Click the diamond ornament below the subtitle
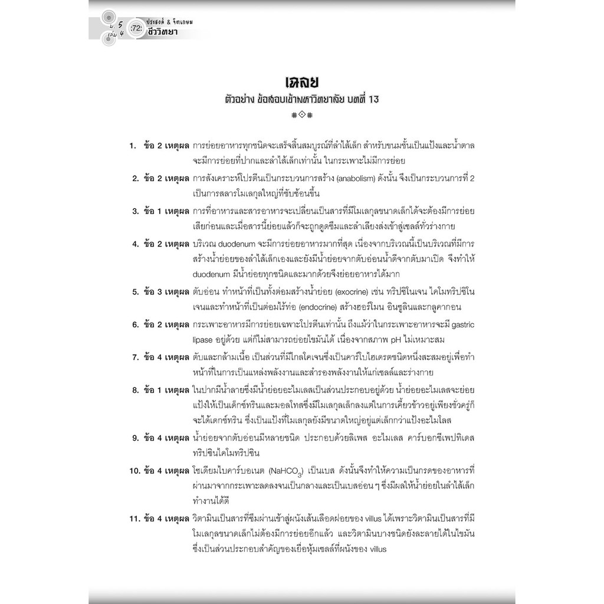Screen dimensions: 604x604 pos(301,116)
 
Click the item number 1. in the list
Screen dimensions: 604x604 pos(134,145)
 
